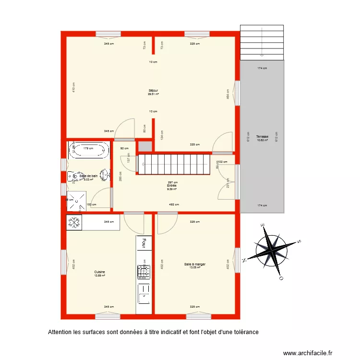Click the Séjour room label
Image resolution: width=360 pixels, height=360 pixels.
(153, 90)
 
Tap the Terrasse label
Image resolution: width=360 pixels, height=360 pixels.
(262, 136)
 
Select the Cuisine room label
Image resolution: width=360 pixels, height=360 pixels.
(99, 272)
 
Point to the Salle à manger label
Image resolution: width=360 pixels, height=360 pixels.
(194, 264)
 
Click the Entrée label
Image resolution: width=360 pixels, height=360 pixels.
(172, 185)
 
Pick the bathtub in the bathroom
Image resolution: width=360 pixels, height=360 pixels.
(89, 149)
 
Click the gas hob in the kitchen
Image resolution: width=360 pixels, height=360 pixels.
(144, 272)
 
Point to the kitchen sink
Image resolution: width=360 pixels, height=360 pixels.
(144, 294)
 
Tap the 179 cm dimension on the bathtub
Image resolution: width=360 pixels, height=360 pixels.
(88, 148)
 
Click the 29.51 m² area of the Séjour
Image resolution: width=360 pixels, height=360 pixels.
(153, 95)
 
